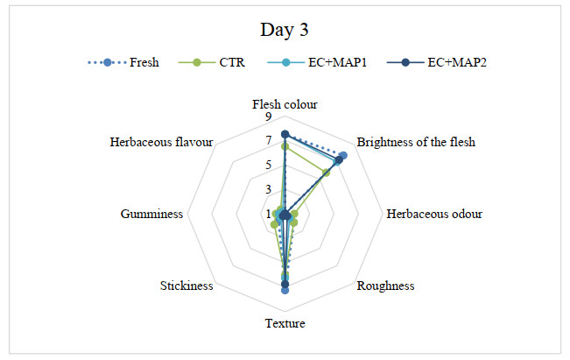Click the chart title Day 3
[x=285, y=30]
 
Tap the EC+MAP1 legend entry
[x=314, y=62]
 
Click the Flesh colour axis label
[x=285, y=104]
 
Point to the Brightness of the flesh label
[x=417, y=142]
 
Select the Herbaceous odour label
[x=434, y=214]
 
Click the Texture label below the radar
[x=285, y=324]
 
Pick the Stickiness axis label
[x=186, y=286]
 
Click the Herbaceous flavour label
[x=162, y=142]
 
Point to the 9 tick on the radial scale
[x=269, y=117]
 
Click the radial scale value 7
[x=269, y=142]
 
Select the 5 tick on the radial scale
[x=269, y=166]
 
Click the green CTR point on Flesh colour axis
[x=285, y=146]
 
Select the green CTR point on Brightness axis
[x=326, y=173]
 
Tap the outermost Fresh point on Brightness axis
[x=343, y=155]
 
